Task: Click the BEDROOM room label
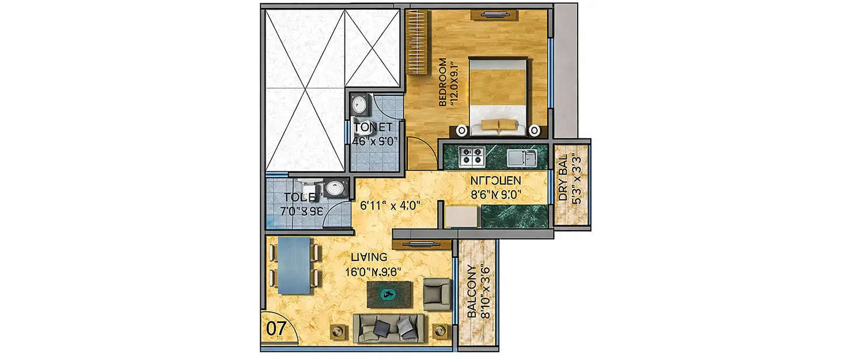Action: click(443, 82)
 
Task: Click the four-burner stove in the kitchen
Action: click(471, 155)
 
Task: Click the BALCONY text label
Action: click(471, 291)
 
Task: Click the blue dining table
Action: click(293, 266)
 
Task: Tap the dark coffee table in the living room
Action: click(390, 294)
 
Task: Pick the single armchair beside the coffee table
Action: click(437, 294)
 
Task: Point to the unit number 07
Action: click(276, 328)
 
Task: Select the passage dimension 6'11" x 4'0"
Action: click(391, 204)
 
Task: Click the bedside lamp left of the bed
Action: click(462, 130)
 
